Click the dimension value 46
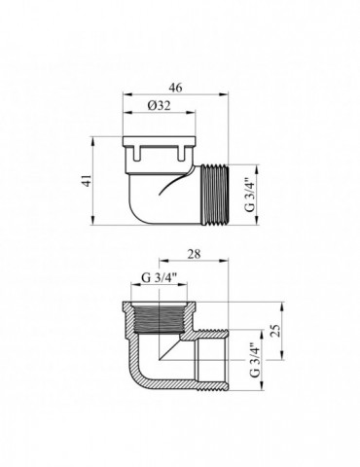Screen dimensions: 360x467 (x=176, y=88)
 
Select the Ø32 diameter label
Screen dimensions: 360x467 (x=159, y=105)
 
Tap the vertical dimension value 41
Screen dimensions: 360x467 (x=87, y=180)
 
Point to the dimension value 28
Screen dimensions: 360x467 (x=194, y=254)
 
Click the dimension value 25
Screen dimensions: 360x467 (x=275, y=331)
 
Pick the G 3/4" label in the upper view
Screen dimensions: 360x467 (x=250, y=195)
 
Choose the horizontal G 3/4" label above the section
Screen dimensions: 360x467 (x=159, y=277)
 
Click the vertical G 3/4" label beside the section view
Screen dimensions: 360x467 (x=255, y=359)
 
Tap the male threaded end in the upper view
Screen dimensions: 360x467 (x=215, y=195)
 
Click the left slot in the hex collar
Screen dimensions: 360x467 (x=135, y=153)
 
